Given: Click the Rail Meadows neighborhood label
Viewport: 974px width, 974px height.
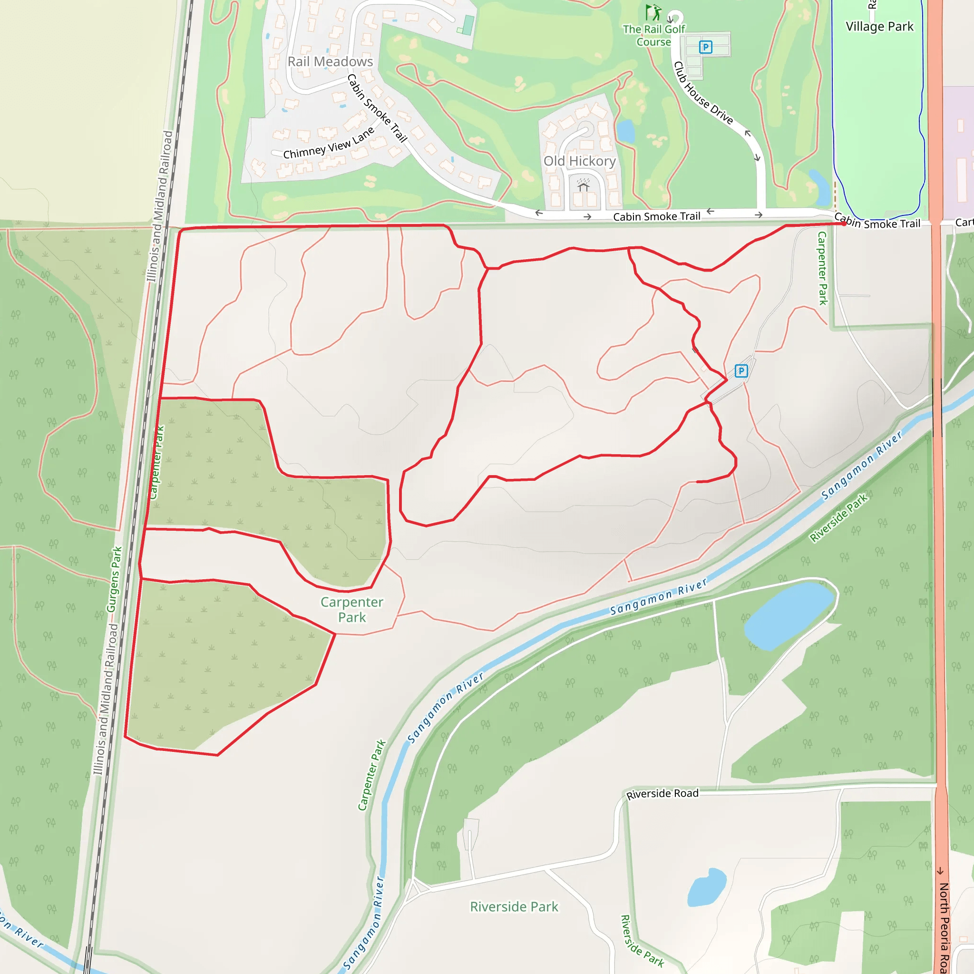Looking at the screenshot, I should pyautogui.click(x=330, y=61).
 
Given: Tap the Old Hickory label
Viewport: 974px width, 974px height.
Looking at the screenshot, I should pyautogui.click(x=579, y=161).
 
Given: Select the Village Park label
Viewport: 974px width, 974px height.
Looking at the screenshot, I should pyautogui.click(x=879, y=26).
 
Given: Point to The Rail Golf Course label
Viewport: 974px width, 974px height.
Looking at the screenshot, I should pyautogui.click(x=653, y=35).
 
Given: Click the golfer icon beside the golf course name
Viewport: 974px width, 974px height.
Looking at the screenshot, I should pyautogui.click(x=654, y=12).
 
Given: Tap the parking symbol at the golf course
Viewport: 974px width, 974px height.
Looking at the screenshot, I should pyautogui.click(x=705, y=48).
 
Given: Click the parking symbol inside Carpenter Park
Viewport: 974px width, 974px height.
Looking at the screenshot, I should pyautogui.click(x=740, y=371).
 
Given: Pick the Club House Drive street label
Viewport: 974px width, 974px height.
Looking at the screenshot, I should pyautogui.click(x=703, y=93).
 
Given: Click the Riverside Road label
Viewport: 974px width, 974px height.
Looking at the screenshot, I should pyautogui.click(x=662, y=794).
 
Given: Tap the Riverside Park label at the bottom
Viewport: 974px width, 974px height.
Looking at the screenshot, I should pyautogui.click(x=514, y=906).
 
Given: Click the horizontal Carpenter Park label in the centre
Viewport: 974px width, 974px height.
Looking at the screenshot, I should pyautogui.click(x=352, y=609).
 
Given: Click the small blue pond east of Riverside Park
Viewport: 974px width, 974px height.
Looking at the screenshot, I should pyautogui.click(x=706, y=887).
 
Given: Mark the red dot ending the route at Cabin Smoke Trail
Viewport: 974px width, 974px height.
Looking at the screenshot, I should pyautogui.click(x=844, y=224).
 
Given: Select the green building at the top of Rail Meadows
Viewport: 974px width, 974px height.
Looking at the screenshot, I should pyautogui.click(x=468, y=25).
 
